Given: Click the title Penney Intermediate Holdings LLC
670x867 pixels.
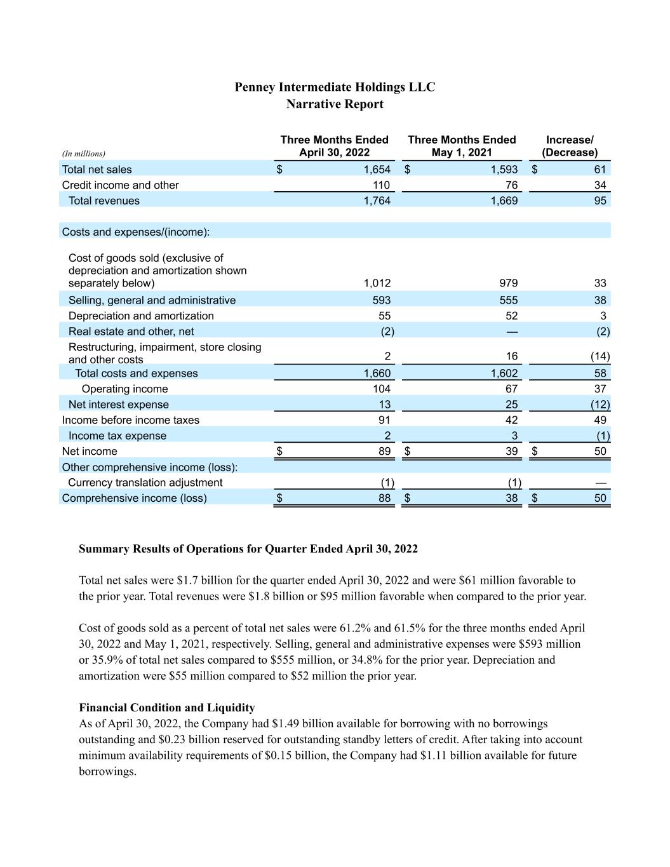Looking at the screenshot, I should [x=335, y=87].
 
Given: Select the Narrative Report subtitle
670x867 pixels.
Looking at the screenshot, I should [x=335, y=104].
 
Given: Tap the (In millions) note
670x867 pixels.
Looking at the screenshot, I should [x=84, y=154].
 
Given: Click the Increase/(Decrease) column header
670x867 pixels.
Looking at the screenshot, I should [x=570, y=146].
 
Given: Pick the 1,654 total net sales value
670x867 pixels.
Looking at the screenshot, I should [x=377, y=170].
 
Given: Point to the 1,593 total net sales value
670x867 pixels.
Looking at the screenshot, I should [x=504, y=170].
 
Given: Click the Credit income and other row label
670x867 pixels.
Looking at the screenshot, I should [x=120, y=185].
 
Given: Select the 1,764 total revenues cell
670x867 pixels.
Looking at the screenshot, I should [x=377, y=201].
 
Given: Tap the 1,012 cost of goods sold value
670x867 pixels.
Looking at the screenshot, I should [x=377, y=283].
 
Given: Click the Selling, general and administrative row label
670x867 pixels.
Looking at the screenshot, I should [x=152, y=300].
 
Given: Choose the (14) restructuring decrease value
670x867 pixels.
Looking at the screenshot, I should [x=600, y=356].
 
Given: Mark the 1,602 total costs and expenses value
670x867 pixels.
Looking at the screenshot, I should [x=504, y=373].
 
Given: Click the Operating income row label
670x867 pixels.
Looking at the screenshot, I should [x=124, y=389].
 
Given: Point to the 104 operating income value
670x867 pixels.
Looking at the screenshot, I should [x=382, y=389].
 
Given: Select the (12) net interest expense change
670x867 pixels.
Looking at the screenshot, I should [x=600, y=405].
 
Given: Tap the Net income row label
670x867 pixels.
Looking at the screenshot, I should [x=90, y=452].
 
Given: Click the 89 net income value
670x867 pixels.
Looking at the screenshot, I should [x=384, y=452].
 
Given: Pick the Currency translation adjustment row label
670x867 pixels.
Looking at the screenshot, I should [x=145, y=483].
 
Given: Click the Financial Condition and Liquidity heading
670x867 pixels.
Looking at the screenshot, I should [x=167, y=708].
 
